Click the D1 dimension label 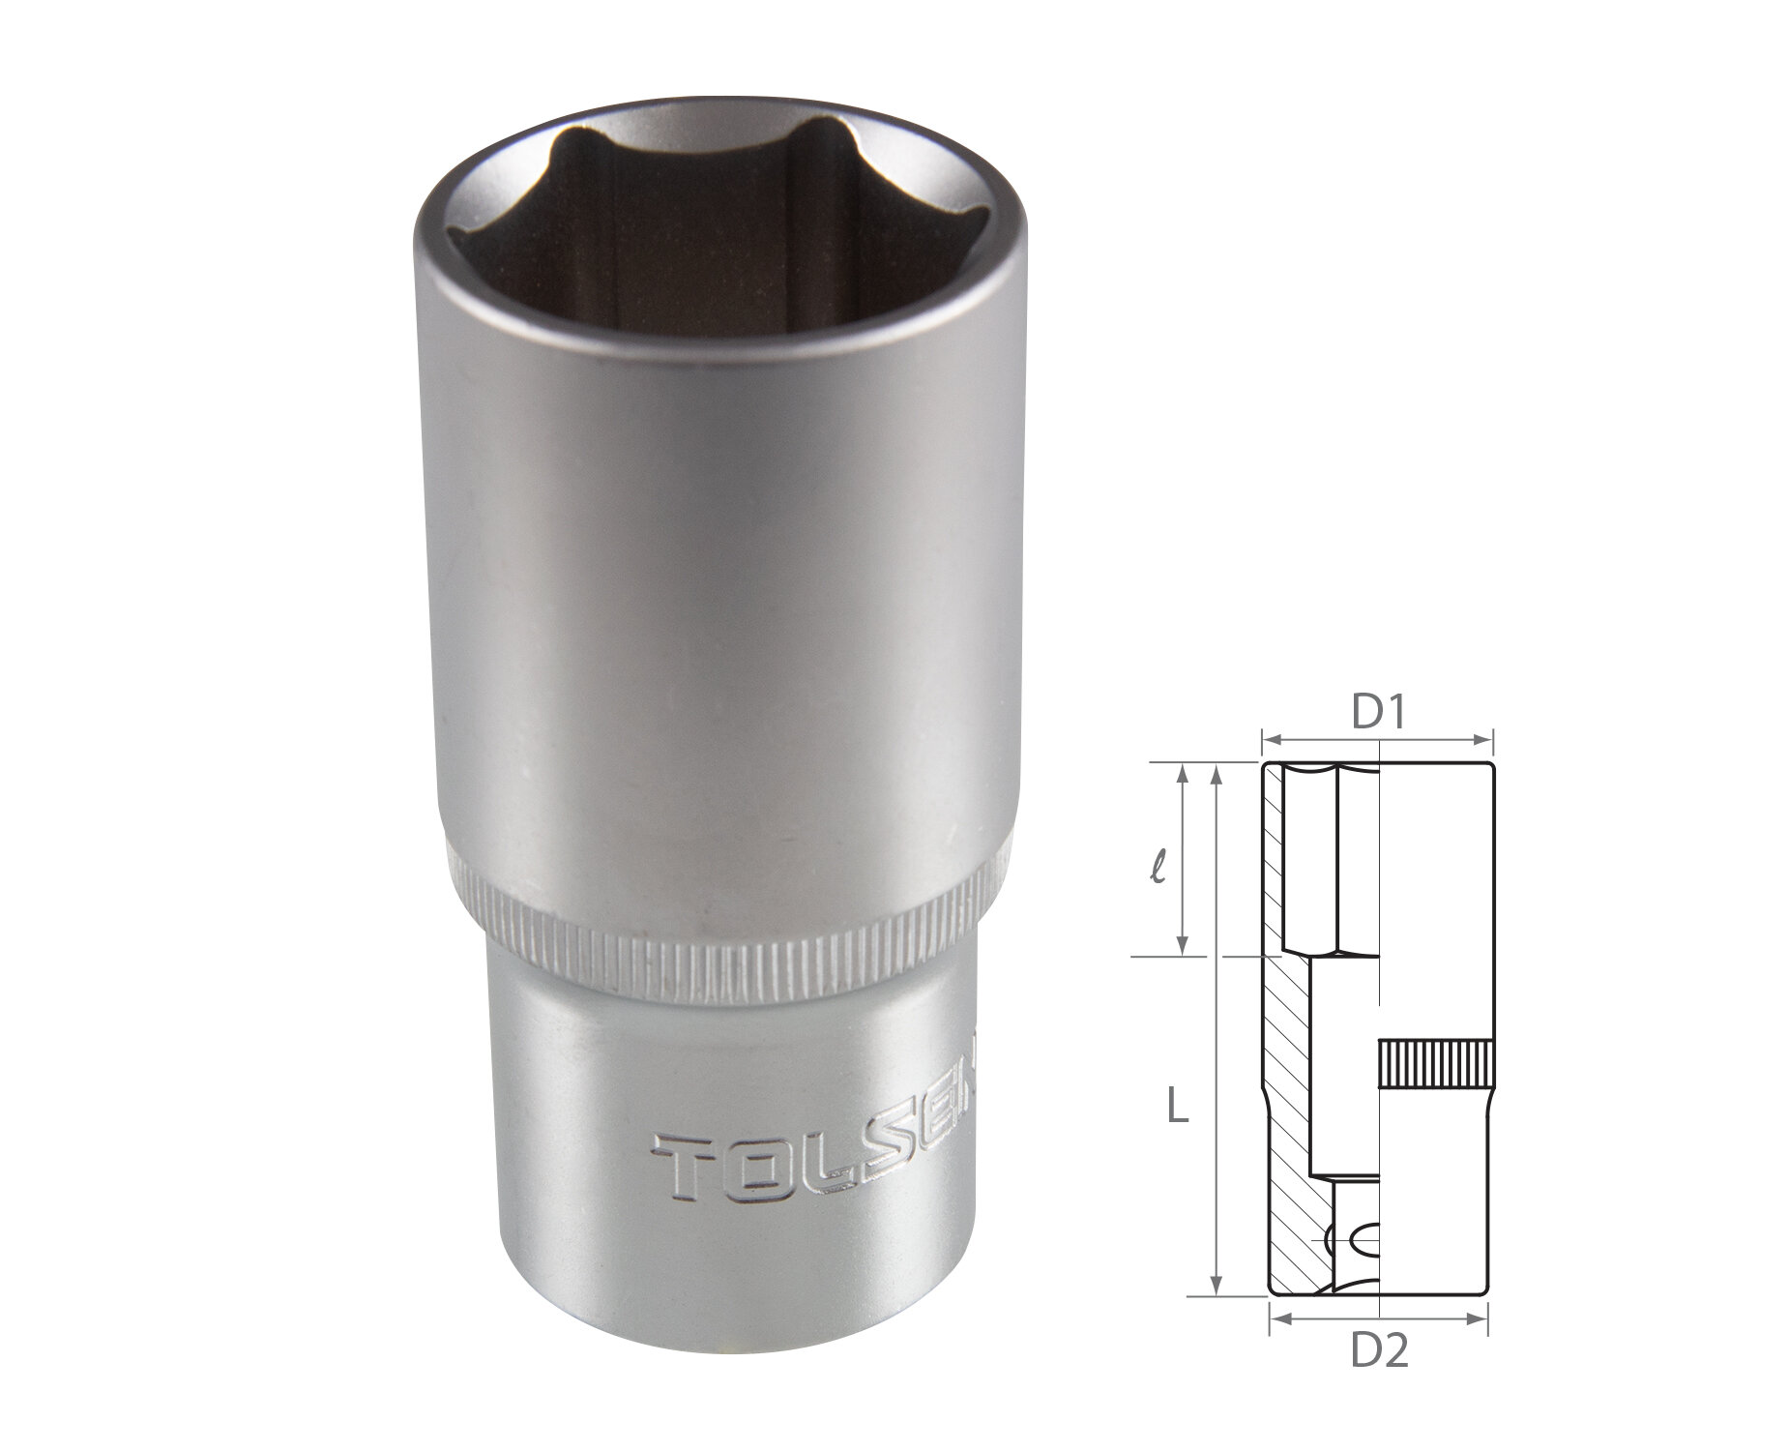pos(1377,714)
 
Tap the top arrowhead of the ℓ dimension pos(1182,770)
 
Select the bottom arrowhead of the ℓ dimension pos(1182,950)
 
